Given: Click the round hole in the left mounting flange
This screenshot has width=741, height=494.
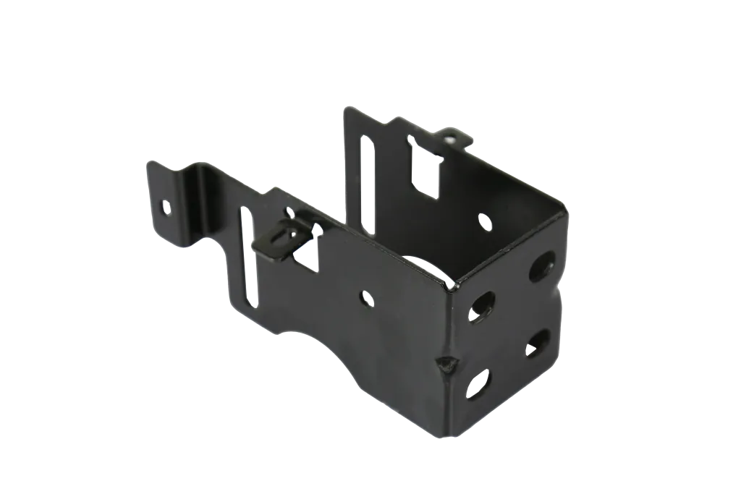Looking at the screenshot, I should pos(166,208).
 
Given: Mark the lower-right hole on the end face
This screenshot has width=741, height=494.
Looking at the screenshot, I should pos(537,343).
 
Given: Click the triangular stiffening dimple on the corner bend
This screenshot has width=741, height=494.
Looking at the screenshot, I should pos(445,361).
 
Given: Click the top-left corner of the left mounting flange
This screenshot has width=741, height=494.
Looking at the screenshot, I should pos(148,160).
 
